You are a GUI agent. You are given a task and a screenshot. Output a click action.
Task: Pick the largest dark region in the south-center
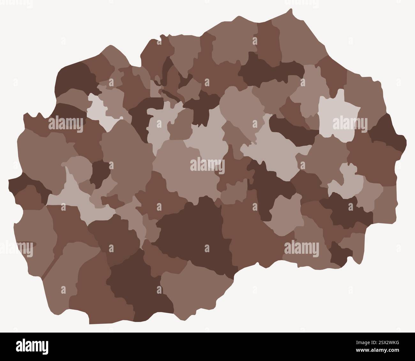click(195, 233)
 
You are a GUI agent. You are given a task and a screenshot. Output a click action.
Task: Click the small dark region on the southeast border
click(340, 254)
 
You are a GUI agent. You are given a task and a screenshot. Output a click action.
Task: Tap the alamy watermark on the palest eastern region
click(350, 124)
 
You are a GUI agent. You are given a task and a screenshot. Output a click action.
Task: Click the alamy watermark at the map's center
click(207, 165)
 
